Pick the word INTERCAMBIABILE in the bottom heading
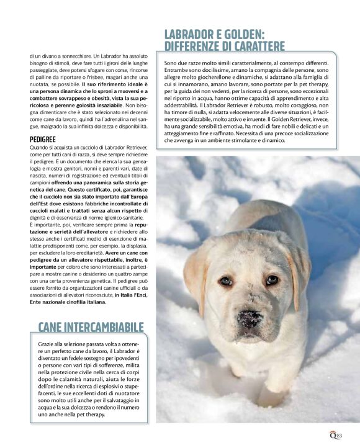point(105,327)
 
